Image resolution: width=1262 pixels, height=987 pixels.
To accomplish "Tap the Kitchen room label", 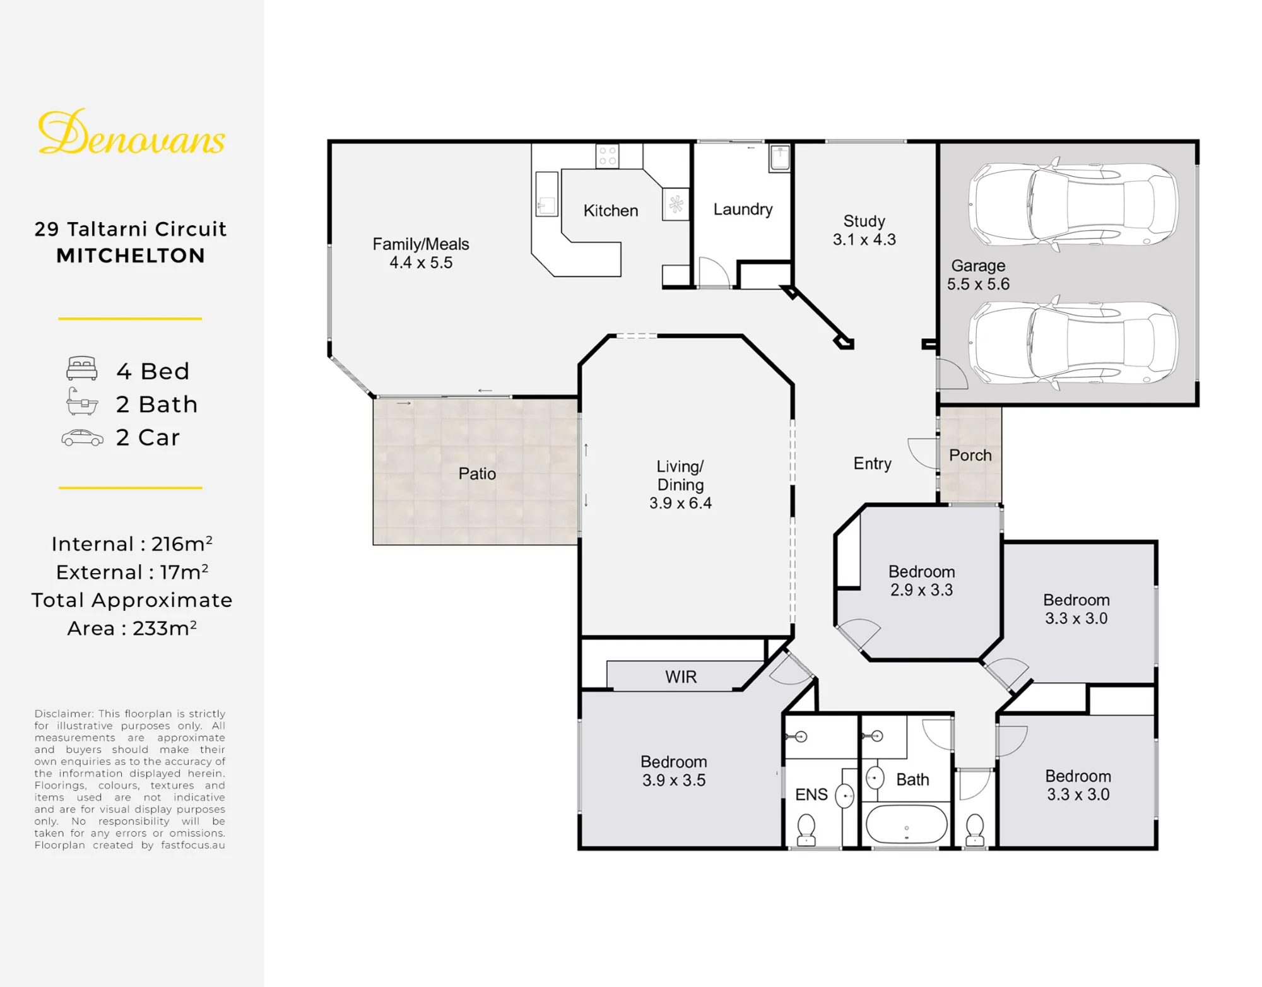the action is (611, 210).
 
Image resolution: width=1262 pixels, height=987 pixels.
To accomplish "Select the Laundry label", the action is (743, 210).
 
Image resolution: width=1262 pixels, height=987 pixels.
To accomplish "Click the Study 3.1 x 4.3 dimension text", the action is (864, 239).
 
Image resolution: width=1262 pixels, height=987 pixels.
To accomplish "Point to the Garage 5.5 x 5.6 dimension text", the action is (978, 284).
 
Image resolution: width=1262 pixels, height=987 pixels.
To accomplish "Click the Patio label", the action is (477, 473).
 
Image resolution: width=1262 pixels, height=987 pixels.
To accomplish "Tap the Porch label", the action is (970, 455).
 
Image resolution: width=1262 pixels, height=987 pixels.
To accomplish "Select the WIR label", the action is (681, 677).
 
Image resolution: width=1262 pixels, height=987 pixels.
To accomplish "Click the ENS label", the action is (811, 795).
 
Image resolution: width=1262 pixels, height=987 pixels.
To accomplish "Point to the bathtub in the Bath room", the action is (906, 824).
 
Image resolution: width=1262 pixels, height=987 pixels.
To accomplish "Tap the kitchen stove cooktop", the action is (608, 156).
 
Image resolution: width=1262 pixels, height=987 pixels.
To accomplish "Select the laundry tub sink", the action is (780, 158).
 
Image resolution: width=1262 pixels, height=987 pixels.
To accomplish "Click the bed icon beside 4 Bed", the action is (82, 369).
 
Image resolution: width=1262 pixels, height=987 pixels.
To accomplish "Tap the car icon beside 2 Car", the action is (82, 438).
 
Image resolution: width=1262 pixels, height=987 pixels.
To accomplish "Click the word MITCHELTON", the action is (131, 256).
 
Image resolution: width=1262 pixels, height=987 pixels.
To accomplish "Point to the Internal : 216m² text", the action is (132, 543).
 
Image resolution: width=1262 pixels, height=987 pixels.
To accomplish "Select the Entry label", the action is (873, 464).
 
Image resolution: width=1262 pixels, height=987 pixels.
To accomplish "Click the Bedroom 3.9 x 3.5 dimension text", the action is (674, 780).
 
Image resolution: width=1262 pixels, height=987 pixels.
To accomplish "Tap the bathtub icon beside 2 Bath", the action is (82, 401).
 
